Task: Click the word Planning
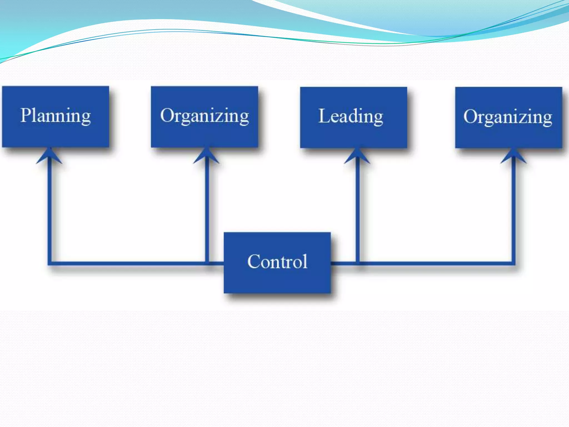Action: pyautogui.click(x=56, y=116)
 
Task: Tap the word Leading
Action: pyautogui.click(x=351, y=116)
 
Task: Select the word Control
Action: pyautogui.click(x=277, y=262)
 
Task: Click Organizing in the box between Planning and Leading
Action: pyautogui.click(x=204, y=116)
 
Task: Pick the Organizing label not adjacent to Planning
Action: pyautogui.click(x=508, y=117)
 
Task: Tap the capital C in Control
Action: pyautogui.click(x=253, y=262)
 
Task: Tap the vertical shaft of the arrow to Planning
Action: pyautogui.click(x=50, y=208)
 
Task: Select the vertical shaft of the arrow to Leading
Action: pyautogui.click(x=358, y=208)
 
